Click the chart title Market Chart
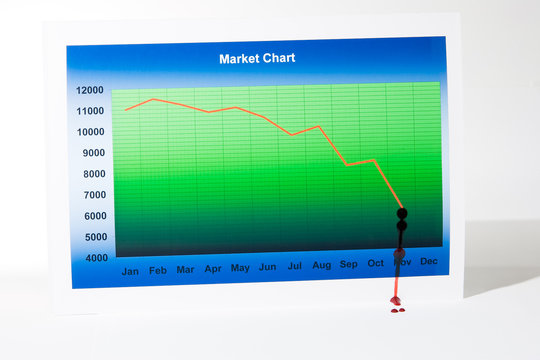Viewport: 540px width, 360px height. [x=257, y=58]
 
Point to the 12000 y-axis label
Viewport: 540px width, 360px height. [x=90, y=90]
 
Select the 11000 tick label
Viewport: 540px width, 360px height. [x=90, y=111]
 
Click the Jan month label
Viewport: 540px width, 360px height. [x=130, y=271]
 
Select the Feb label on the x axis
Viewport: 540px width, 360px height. [x=158, y=270]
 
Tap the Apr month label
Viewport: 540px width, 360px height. [x=213, y=269]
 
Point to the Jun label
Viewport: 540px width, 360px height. [x=267, y=267]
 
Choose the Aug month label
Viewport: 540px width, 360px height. [x=321, y=265]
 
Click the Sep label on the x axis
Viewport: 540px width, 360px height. [x=348, y=264]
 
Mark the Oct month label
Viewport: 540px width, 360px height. [x=375, y=263]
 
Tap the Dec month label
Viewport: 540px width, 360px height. [x=428, y=261]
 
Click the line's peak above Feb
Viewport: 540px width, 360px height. [x=153, y=99]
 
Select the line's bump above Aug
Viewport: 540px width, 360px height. [x=319, y=126]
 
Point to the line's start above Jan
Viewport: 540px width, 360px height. [x=126, y=109]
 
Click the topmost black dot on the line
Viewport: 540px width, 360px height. [x=402, y=213]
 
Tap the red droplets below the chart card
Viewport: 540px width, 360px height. [x=397, y=308]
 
